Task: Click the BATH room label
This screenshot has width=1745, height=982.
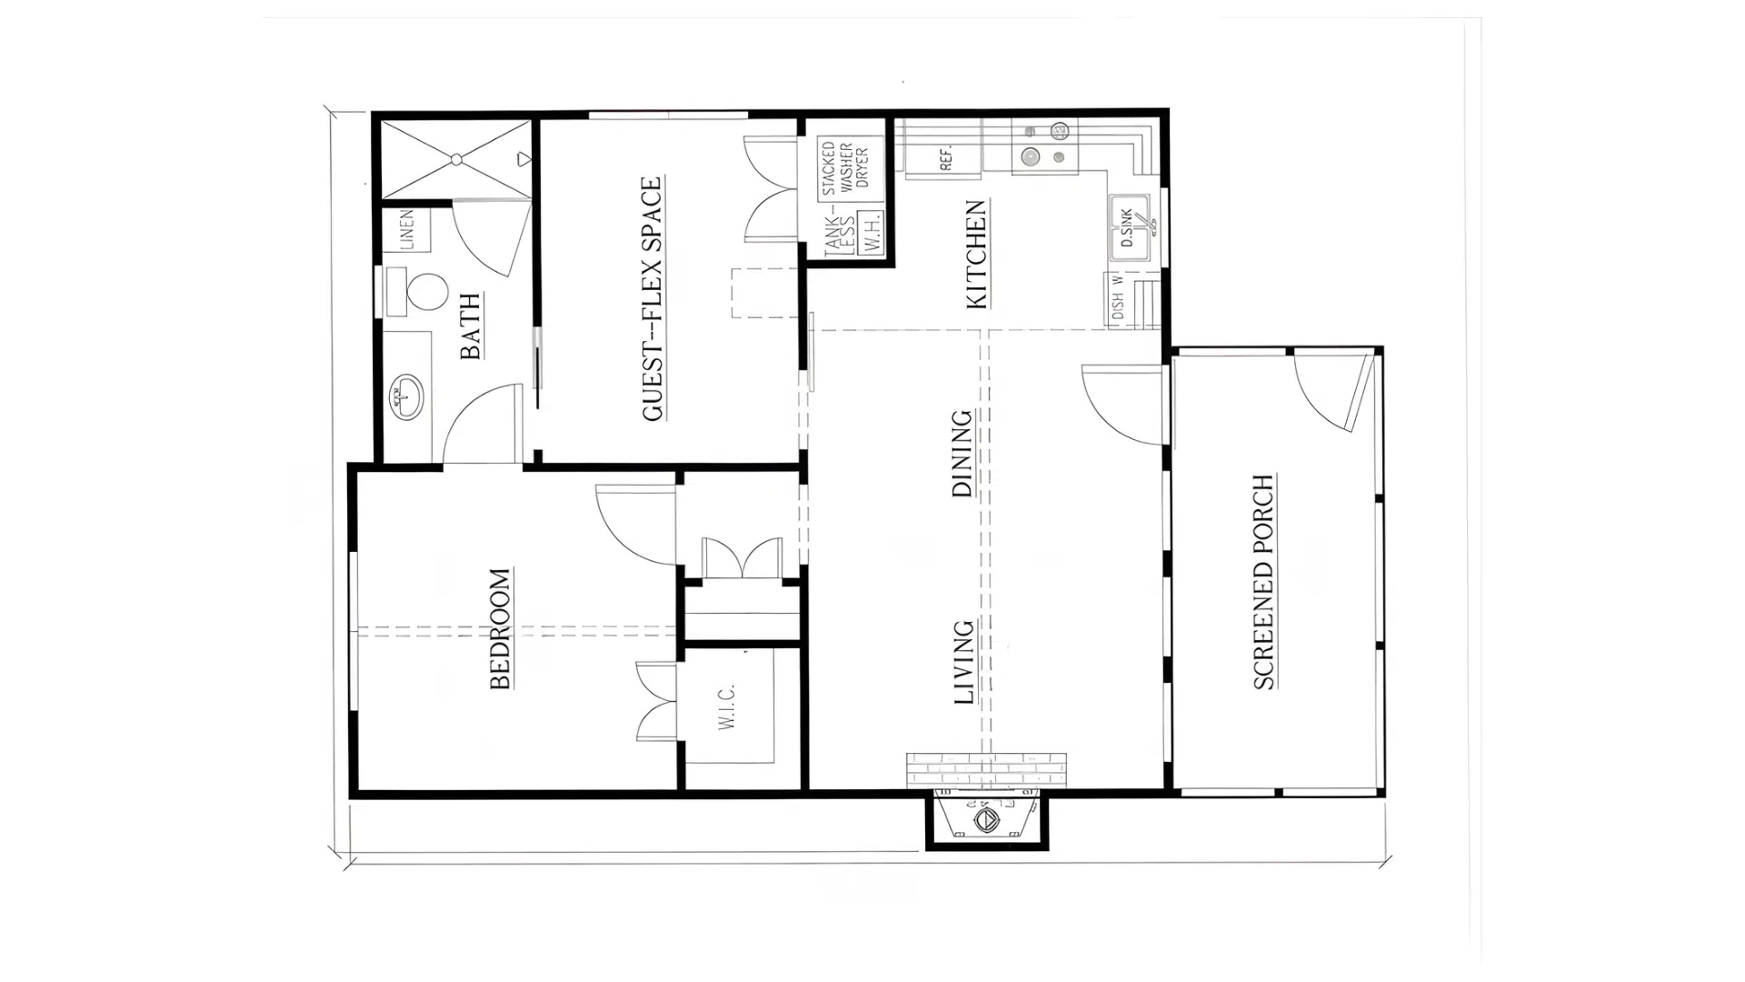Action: click(471, 326)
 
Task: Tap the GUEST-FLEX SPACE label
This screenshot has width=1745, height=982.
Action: click(653, 299)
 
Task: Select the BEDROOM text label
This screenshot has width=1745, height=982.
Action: click(500, 628)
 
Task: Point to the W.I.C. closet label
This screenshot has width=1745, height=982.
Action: click(727, 706)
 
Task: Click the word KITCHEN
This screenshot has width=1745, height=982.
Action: click(976, 255)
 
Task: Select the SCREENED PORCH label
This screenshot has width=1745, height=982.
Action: click(1263, 582)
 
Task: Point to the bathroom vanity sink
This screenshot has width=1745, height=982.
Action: click(406, 396)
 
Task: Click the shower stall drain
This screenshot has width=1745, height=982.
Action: click(457, 160)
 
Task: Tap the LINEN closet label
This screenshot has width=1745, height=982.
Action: click(406, 229)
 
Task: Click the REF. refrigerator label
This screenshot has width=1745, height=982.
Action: click(946, 159)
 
